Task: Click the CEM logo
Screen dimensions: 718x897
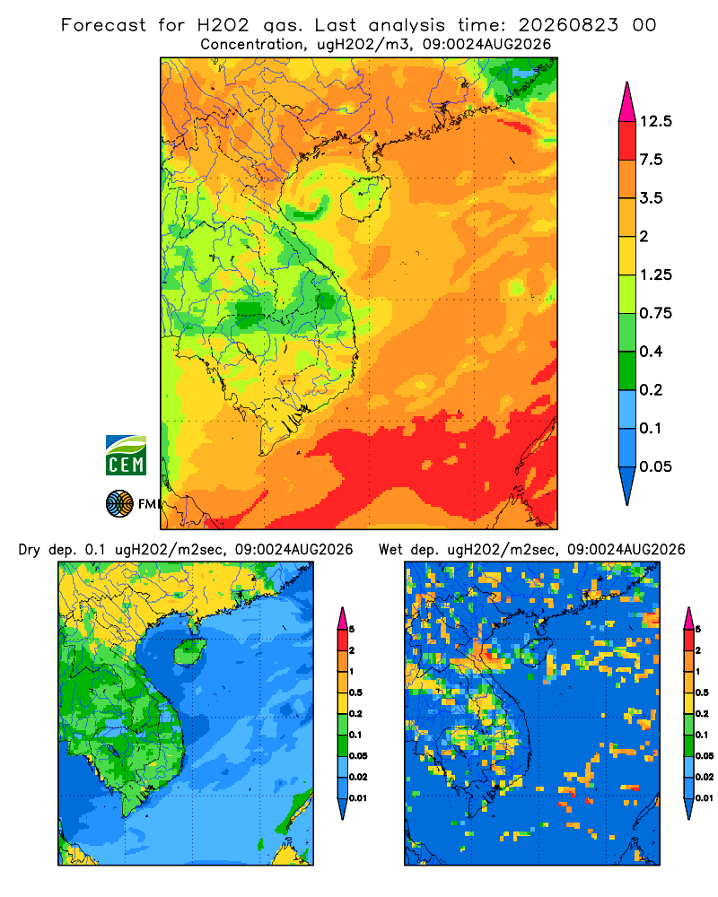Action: [x=126, y=455]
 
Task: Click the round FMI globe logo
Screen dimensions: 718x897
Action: [x=119, y=503]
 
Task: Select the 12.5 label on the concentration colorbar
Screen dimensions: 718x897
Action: [x=656, y=121]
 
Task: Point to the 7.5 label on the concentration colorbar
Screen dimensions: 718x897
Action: [x=652, y=160]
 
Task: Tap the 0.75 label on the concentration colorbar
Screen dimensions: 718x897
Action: [x=656, y=313]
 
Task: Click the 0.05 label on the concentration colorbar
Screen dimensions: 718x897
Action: [x=656, y=466]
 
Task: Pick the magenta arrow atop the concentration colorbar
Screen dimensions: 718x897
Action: [x=627, y=102]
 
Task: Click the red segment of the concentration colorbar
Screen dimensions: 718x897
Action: [x=627, y=141]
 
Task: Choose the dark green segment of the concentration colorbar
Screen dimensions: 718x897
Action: [x=627, y=370]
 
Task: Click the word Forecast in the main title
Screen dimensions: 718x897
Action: [x=103, y=25]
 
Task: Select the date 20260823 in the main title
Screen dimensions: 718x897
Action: [x=568, y=25]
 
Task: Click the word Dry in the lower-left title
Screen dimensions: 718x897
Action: [x=30, y=550]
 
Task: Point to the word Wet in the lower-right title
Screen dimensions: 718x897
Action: [x=391, y=550]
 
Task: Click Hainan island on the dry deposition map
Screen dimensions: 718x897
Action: [x=188, y=652]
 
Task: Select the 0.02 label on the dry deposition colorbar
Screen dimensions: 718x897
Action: [x=358, y=777]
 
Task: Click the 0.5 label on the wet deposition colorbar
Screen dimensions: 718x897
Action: [x=702, y=692]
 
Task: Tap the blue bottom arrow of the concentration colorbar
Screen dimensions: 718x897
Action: [x=627, y=486]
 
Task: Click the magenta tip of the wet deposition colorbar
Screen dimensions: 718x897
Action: [x=688, y=618]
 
